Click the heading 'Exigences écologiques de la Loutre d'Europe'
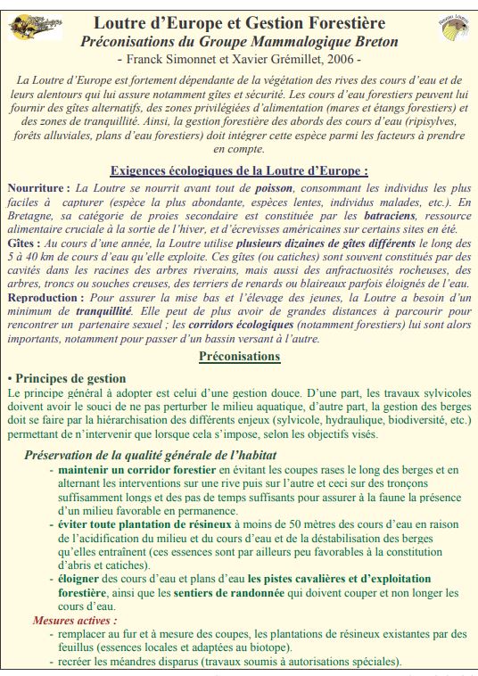click(238, 171)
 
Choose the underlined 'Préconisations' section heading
click(238, 357)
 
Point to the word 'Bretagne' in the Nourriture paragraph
click(32, 217)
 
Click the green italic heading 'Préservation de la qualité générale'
click(150, 455)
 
